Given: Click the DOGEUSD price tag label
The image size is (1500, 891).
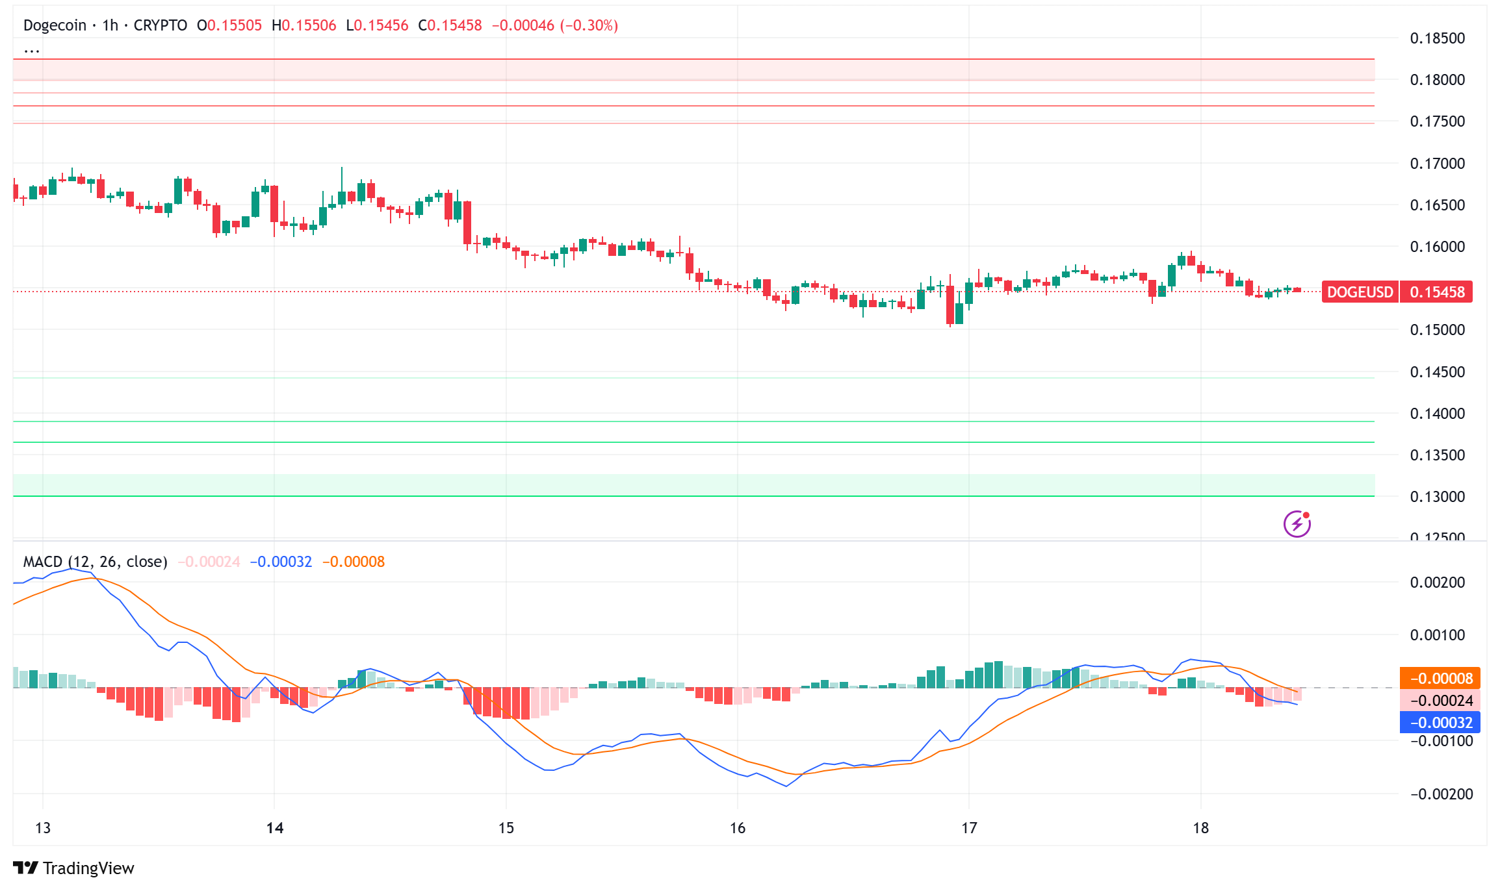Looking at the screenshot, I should pos(1360,292).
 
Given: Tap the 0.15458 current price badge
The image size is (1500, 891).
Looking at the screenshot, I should pos(1437,292).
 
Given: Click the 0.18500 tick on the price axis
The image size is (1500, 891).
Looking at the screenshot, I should pos(1437,38).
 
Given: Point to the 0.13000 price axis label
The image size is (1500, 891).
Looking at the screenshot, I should pos(1437,497).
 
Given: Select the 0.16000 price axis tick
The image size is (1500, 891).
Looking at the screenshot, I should pos(1437,247).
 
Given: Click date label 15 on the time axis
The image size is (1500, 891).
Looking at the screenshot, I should pos(506,828).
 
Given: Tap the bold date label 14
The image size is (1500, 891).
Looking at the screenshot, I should pos(275,828).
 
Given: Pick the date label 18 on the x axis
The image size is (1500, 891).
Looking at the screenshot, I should pos(1200,828).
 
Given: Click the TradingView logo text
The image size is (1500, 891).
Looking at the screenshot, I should pos(88,868).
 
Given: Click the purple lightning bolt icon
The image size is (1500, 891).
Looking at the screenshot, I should pos(1297,524).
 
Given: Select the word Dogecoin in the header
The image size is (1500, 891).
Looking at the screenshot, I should pos(55,25).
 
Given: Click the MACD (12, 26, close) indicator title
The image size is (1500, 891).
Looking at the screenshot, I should pos(95,562).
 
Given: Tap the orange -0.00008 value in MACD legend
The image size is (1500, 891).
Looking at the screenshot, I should pos(354,562).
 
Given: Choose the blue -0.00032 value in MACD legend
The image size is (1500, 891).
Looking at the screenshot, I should pos(281,562).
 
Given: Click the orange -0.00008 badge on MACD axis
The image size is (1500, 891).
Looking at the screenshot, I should pos(1440,679).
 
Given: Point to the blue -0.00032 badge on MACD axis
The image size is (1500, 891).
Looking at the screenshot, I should pos(1440,723).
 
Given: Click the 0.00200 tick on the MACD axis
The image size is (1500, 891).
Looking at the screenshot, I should pos(1437,583).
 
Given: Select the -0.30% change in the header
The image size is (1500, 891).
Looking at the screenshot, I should pos(590,25).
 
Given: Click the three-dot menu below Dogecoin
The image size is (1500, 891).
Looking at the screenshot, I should pos(31,50).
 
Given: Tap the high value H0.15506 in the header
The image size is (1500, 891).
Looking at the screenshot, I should pos(304,25).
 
